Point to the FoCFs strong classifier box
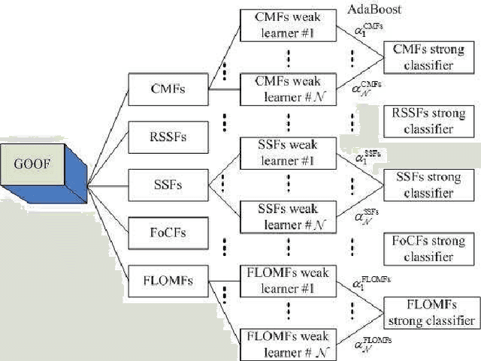(x=428, y=249)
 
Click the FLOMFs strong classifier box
(x=429, y=312)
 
